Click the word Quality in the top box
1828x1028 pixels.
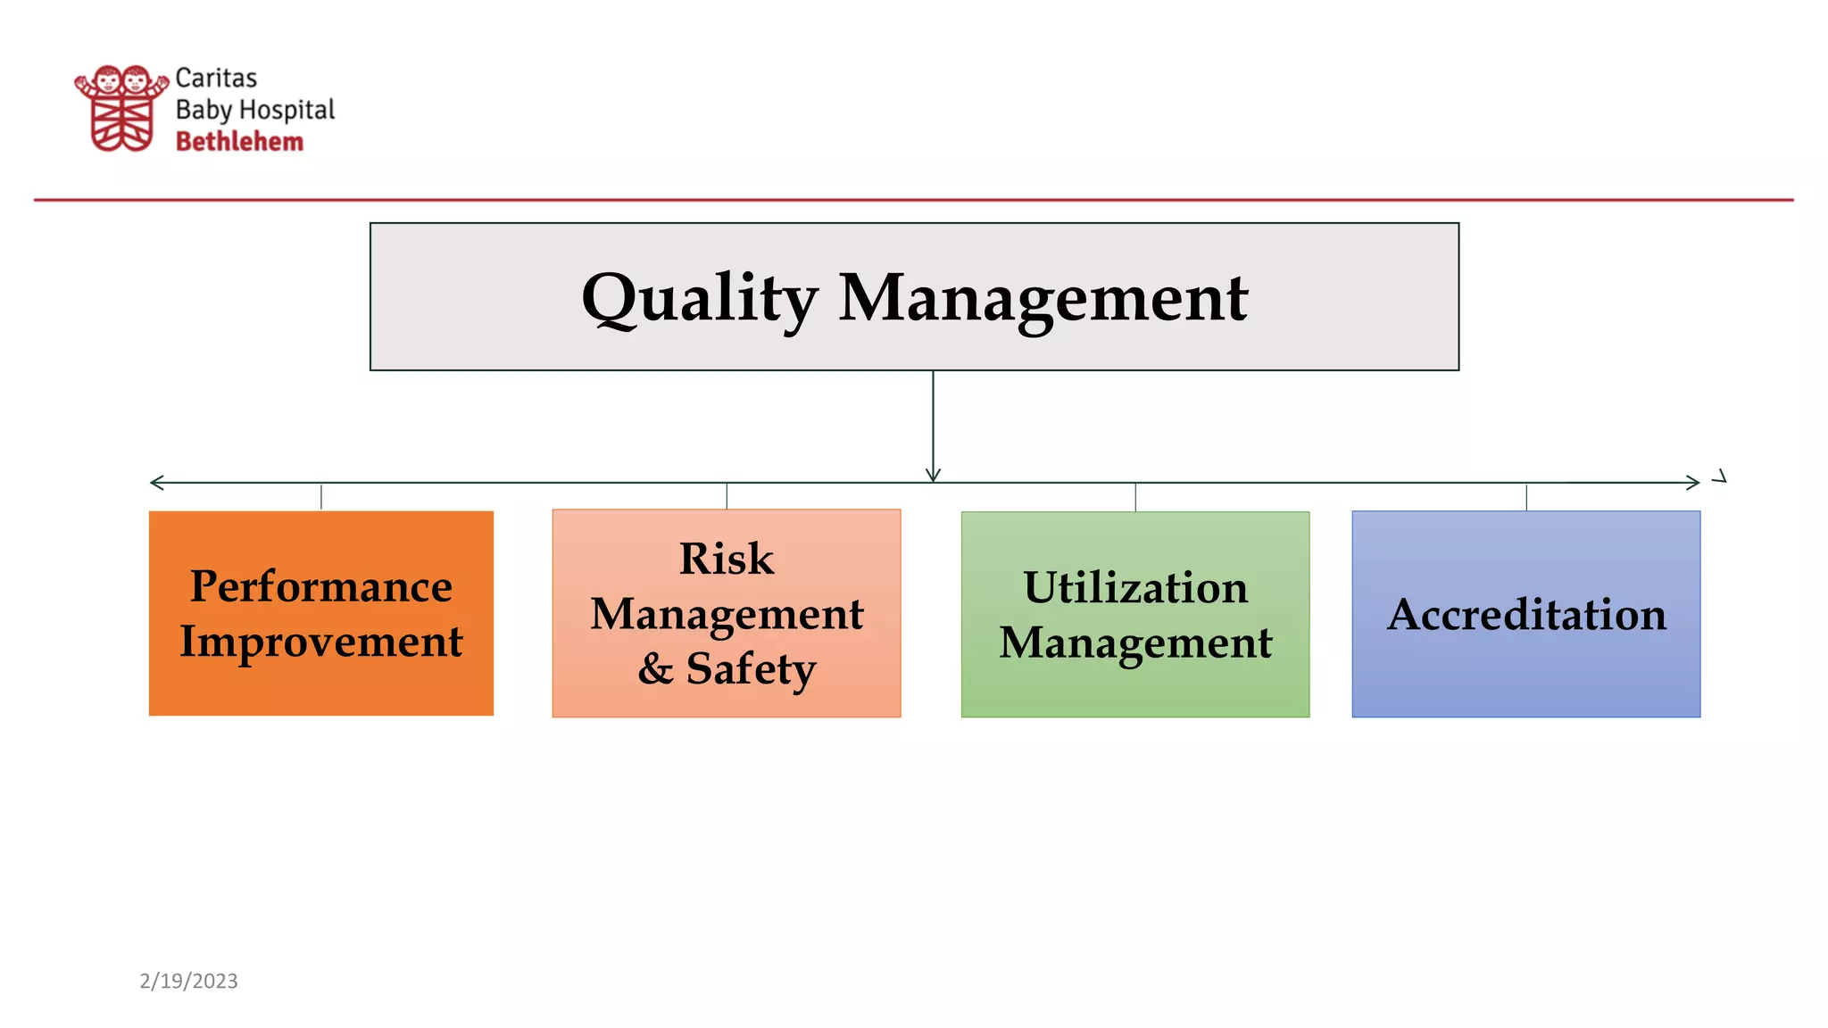(699, 299)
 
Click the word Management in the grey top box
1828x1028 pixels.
(1043, 299)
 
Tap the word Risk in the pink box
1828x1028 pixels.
(727, 560)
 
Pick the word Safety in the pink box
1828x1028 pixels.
(751, 668)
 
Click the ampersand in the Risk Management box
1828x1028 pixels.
(655, 668)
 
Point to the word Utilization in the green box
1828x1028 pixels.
(1135, 588)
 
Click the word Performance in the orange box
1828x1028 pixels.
(321, 586)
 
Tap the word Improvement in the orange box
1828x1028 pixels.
(321, 642)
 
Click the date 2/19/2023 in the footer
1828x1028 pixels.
(189, 981)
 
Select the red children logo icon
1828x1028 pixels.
(121, 108)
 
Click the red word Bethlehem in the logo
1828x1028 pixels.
(239, 142)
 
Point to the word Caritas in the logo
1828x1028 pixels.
(216, 79)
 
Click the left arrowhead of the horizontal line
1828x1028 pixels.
(157, 483)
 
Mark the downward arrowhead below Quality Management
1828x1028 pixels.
(933, 475)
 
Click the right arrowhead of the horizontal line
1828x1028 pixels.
(1692, 483)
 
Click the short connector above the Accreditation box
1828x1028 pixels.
(1526, 497)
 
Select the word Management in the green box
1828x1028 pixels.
(1135, 643)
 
